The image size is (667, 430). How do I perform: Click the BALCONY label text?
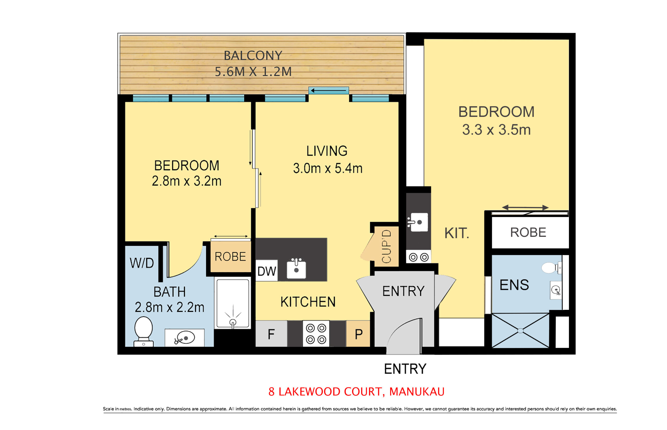[253, 56]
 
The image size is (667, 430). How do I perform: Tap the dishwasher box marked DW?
[267, 270]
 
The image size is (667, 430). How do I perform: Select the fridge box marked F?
[271, 334]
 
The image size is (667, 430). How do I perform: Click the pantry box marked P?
[358, 334]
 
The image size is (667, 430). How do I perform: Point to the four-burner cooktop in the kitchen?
[316, 334]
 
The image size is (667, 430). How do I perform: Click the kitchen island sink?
[296, 269]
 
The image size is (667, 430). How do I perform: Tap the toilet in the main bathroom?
[143, 331]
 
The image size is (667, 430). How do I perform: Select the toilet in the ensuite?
[551, 268]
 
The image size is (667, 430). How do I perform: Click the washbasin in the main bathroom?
[184, 338]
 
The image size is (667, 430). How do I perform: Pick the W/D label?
[142, 263]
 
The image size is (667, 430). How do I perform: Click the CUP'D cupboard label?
[386, 246]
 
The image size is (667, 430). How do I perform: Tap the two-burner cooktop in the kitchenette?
[418, 257]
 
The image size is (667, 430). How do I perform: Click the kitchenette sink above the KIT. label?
[418, 222]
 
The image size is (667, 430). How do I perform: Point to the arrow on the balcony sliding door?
[328, 90]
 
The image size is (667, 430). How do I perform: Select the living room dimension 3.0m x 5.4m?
[328, 168]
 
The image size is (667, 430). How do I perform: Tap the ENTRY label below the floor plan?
[405, 369]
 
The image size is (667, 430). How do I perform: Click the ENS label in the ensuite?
[514, 285]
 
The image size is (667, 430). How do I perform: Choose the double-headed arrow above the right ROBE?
[525, 208]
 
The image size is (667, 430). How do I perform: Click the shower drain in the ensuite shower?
[520, 331]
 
